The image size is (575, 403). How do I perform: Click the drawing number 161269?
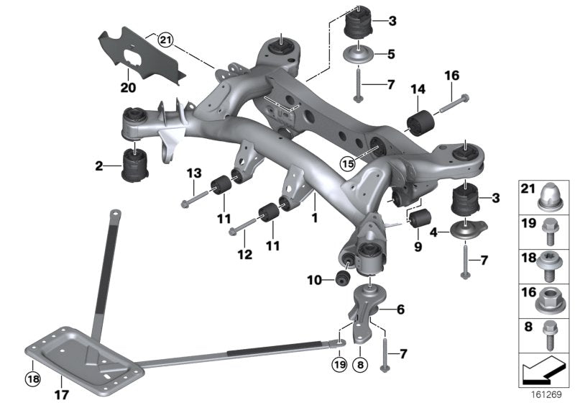550,395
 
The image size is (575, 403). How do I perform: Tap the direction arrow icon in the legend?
545,373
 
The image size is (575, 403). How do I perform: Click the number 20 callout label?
127,88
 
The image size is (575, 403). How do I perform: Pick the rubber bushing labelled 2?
136,165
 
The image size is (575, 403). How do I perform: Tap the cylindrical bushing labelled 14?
418,122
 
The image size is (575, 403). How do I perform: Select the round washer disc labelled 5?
357,55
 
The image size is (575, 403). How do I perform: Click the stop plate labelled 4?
466,232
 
